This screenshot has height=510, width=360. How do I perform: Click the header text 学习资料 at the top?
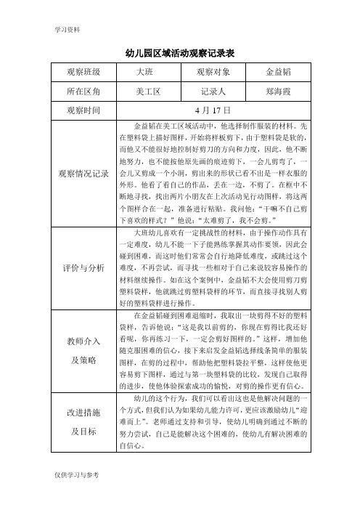66,30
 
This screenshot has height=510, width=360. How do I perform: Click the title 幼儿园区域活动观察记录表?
180,53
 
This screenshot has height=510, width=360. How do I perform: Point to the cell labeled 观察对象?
213,73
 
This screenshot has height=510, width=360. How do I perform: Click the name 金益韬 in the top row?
279,73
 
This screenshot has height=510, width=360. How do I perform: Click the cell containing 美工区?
147,92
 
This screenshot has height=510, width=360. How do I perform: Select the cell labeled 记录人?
213,92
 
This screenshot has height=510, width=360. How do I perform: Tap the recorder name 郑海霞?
279,92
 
